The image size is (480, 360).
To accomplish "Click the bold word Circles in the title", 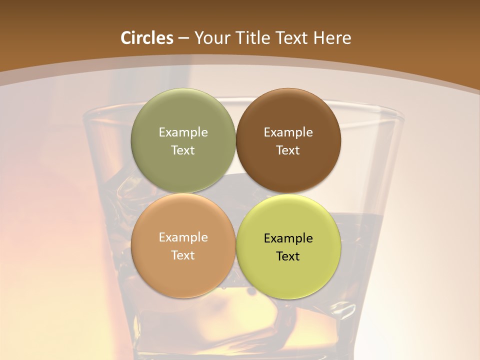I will tap(147, 38).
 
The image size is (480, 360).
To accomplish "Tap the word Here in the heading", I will tap(332, 38).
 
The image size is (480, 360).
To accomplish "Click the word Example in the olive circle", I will tap(183, 132).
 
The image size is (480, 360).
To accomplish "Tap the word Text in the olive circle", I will tap(183, 150).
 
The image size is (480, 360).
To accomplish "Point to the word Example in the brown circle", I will tap(288, 132).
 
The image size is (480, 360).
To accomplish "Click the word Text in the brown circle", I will tap(288, 150).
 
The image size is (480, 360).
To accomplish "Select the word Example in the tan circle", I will tap(183, 237).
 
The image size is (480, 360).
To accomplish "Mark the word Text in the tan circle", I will tap(183, 255).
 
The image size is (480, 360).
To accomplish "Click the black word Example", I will tap(288, 238).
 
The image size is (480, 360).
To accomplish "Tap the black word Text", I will tap(288, 256).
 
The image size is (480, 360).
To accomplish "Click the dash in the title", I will tap(183, 38).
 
